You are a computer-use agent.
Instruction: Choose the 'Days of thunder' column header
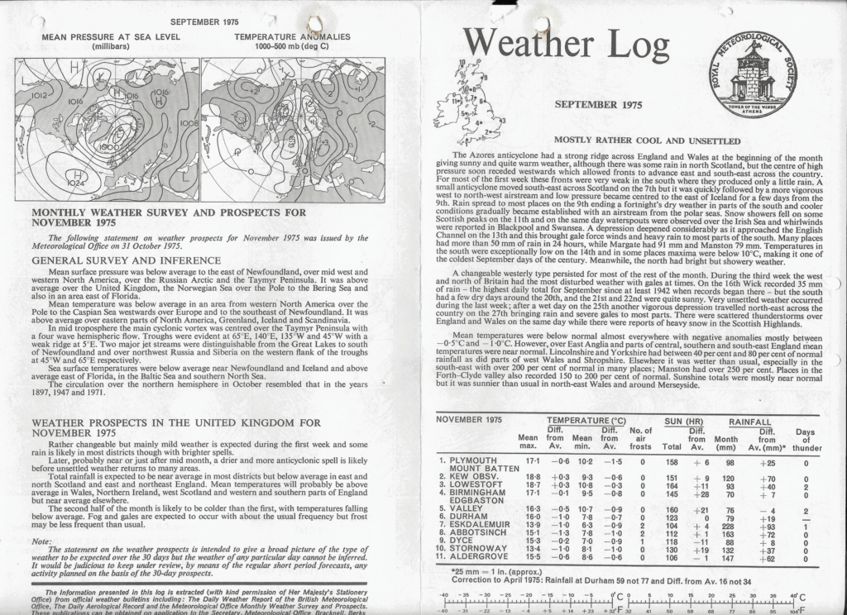[805, 438]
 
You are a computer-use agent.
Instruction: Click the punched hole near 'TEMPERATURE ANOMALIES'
[315, 27]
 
